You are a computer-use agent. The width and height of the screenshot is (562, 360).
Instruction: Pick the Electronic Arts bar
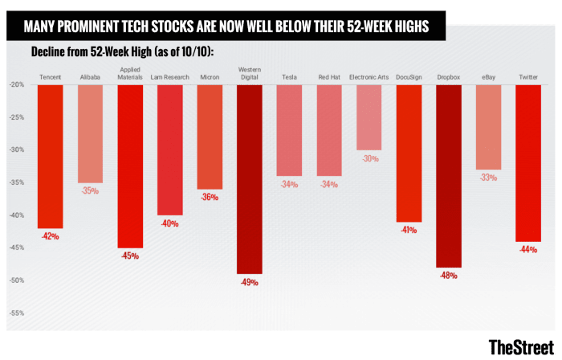[x=369, y=117]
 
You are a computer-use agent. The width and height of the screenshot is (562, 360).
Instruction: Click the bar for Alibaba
[x=90, y=133]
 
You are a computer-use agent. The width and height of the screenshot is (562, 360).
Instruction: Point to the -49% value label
[x=250, y=282]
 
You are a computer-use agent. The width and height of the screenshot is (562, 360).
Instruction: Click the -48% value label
[x=449, y=276]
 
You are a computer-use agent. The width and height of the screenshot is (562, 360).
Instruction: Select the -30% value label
[x=369, y=158]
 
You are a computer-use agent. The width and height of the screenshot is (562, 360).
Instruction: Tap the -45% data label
[x=130, y=256]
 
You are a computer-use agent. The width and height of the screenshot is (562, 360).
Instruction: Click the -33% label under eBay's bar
[x=488, y=178]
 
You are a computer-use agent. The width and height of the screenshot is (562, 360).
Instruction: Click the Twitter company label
[x=527, y=76]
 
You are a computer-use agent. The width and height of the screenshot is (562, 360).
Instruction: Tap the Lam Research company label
[x=170, y=76]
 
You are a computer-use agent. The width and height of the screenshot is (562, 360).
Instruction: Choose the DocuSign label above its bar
[x=409, y=76]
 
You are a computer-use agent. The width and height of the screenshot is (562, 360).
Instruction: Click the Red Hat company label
[x=329, y=76]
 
